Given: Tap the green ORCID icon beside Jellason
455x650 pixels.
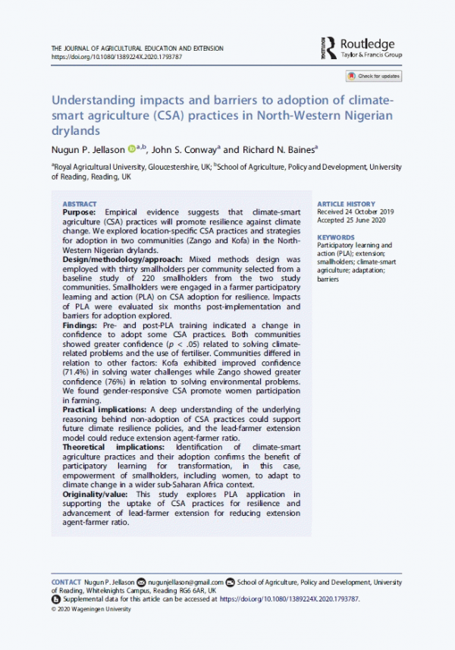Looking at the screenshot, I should click(x=130, y=149).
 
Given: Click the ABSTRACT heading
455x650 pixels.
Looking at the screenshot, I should click(x=79, y=205).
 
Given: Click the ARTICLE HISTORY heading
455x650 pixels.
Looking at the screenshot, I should click(x=345, y=205).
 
